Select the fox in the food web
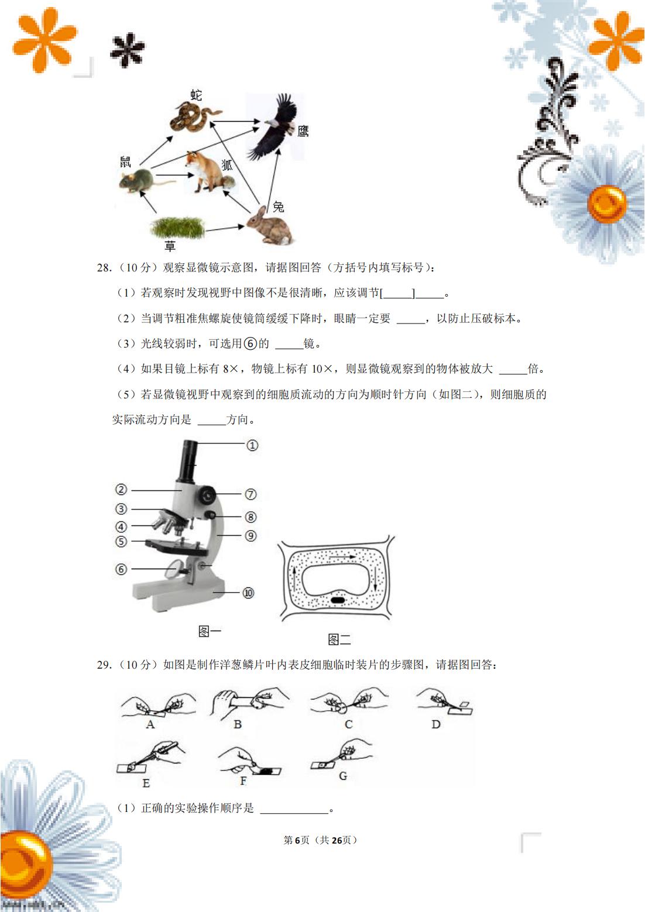pos(206,171)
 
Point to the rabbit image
pos(269,228)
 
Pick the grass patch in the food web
pos(177,227)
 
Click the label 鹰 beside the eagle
pos(303,132)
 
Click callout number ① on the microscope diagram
pos(252,446)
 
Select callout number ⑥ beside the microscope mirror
pos(121,569)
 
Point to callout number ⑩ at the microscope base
pos(249,593)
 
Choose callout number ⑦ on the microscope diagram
pos(251,494)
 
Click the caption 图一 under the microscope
pos(210,631)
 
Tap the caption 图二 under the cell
pos(339,639)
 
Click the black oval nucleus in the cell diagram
pos(338,600)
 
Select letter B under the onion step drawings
pos(238,724)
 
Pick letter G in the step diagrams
pos(343,776)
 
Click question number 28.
pos(104,268)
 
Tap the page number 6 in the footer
pos(297,840)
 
